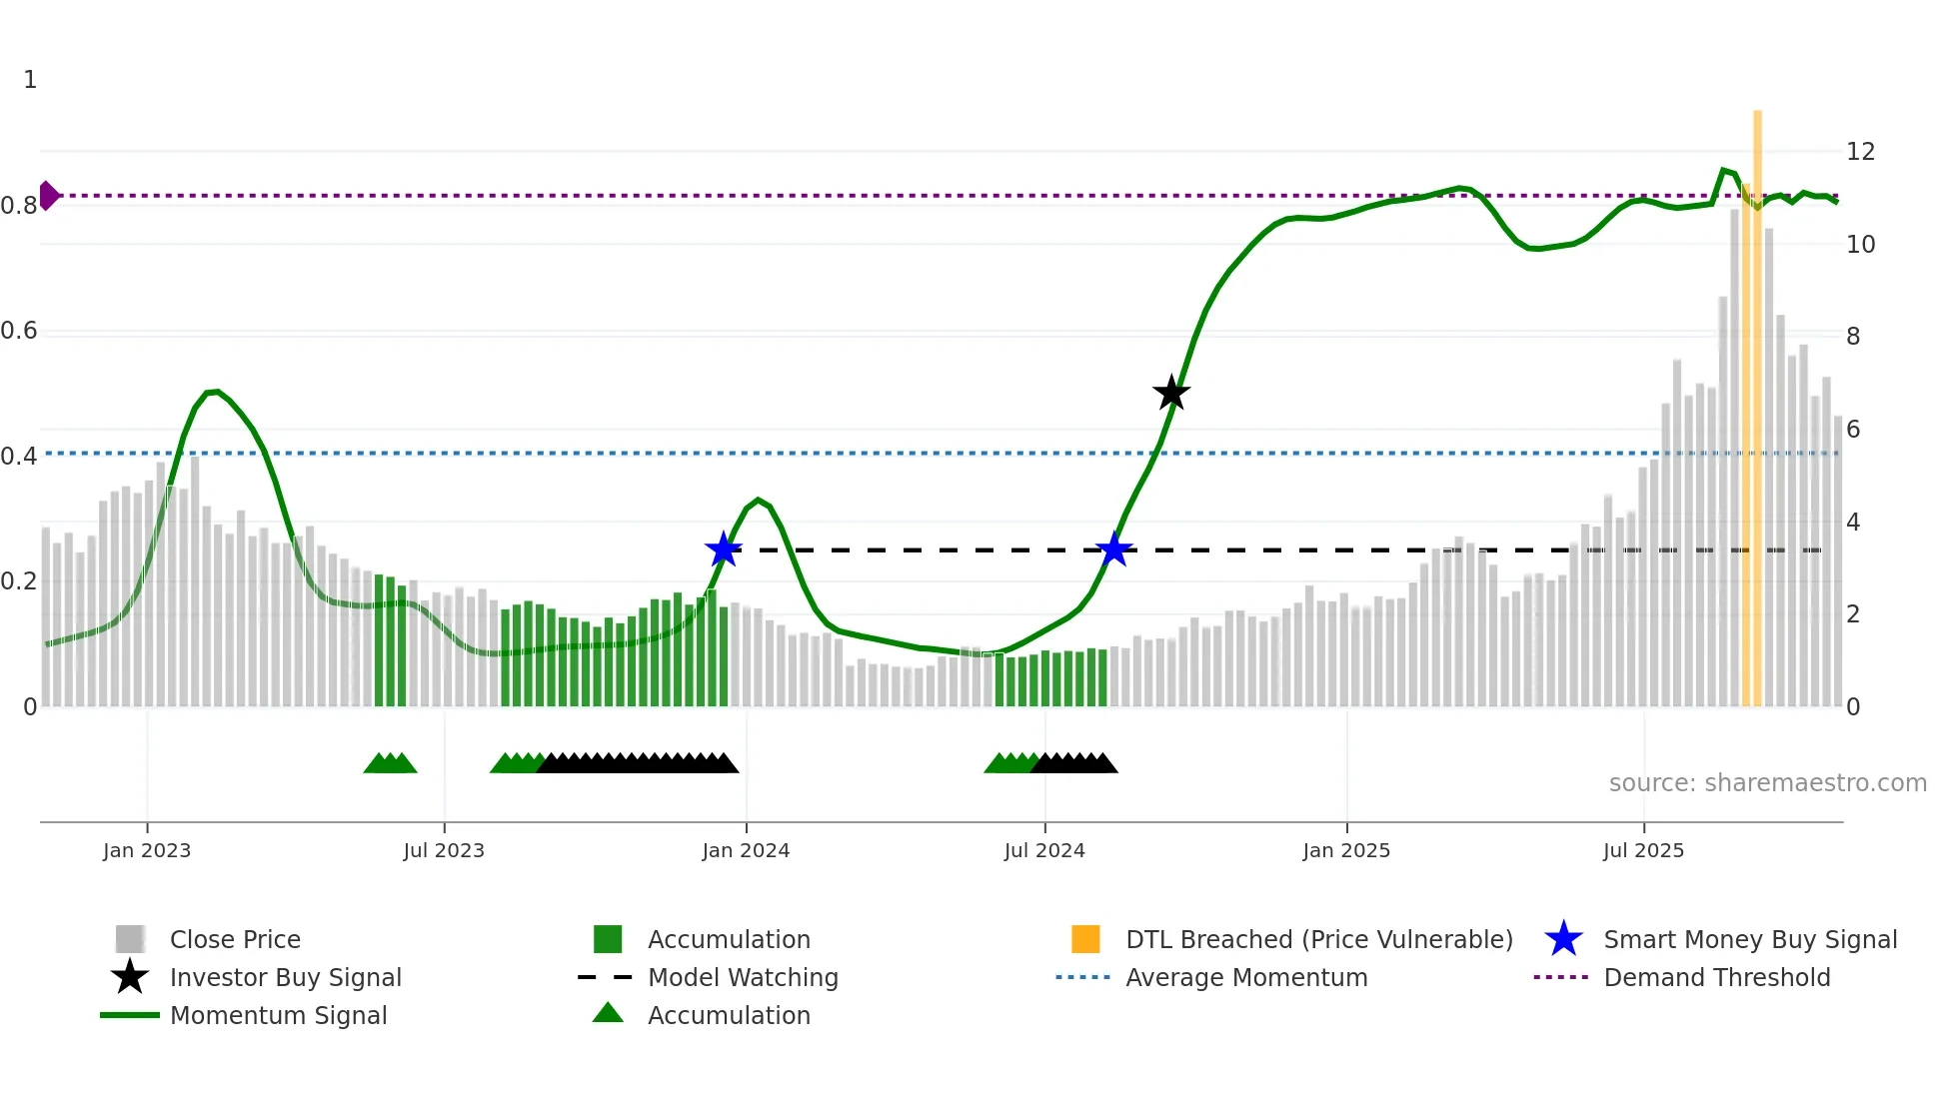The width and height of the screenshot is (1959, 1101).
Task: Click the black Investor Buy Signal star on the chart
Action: click(1171, 393)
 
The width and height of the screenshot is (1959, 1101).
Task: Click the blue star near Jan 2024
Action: click(724, 550)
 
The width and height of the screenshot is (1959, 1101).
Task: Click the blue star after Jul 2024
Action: click(1113, 550)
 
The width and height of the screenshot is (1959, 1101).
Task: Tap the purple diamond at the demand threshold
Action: click(48, 196)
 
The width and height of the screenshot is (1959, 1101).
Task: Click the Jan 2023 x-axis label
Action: click(147, 850)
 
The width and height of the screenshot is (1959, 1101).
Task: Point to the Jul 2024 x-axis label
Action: click(1044, 850)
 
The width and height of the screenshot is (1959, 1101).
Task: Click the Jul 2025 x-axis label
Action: click(1643, 850)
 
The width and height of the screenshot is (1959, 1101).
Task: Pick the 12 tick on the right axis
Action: click(1860, 152)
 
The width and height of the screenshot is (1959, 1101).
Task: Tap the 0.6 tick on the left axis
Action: click(20, 331)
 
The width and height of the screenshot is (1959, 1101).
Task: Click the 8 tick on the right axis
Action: click(1853, 337)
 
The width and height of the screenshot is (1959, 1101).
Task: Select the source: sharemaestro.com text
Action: click(1767, 783)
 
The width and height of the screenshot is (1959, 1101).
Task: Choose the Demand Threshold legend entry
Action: click(1716, 978)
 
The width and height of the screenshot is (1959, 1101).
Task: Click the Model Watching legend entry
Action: click(743, 978)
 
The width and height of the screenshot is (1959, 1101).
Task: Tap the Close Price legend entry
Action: click(235, 940)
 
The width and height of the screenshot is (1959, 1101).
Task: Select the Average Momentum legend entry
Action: click(1246, 978)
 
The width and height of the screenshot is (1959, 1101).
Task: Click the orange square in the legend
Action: click(1085, 939)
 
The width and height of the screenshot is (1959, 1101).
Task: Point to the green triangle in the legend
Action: click(608, 1014)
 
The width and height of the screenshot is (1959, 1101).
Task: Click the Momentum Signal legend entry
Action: click(278, 1016)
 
